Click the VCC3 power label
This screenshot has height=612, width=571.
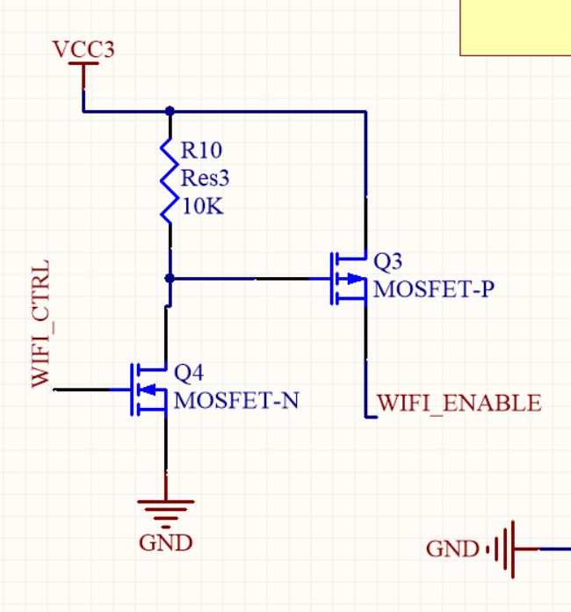click(x=83, y=49)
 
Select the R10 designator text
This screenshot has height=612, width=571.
click(x=201, y=150)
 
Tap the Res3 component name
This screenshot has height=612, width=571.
click(x=204, y=178)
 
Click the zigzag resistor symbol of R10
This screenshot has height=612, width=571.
click(x=169, y=179)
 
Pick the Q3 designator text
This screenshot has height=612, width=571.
click(x=389, y=261)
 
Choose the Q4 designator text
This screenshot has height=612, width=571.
click(x=190, y=372)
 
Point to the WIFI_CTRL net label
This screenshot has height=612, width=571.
click(x=40, y=324)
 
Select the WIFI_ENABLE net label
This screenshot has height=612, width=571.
click(x=459, y=404)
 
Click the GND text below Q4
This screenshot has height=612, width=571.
click(x=165, y=543)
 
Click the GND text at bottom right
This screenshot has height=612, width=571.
click(x=452, y=550)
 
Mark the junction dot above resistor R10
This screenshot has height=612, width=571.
click(x=170, y=112)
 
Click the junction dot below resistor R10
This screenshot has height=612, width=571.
click(x=170, y=278)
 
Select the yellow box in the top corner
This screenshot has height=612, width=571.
click(x=516, y=26)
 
